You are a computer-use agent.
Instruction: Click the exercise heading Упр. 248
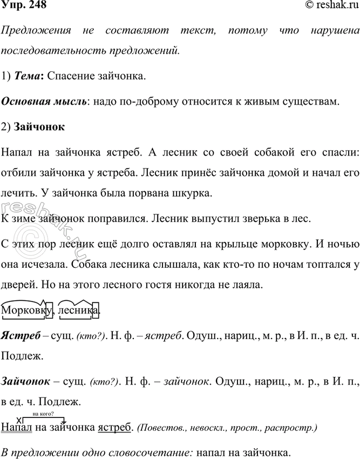tap(23, 6)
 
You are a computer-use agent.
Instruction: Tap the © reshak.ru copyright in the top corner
tap(330, 6)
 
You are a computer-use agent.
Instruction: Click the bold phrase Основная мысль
tap(44, 102)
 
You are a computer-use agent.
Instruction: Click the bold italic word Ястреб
tap(21, 335)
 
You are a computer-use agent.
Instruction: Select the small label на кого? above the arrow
tap(50, 415)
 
